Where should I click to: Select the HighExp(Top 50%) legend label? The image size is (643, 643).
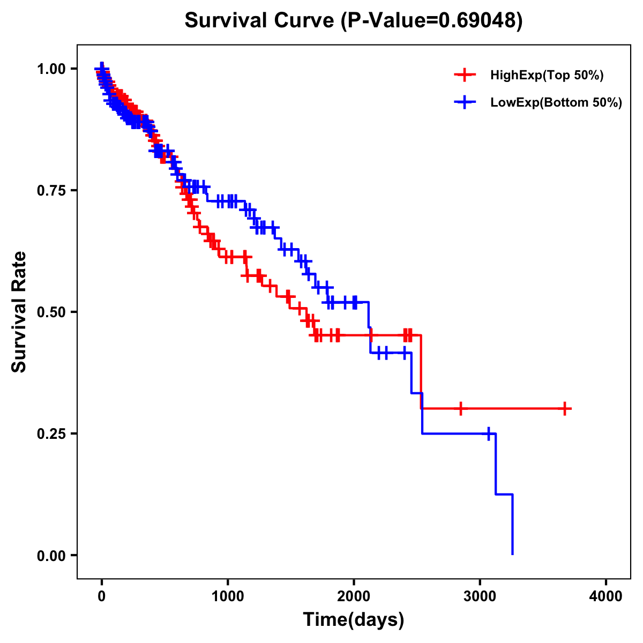pos(547,76)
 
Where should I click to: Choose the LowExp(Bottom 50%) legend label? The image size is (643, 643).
pos(556,103)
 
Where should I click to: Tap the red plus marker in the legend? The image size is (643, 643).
pos(465,76)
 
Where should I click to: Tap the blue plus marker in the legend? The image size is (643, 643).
pos(465,102)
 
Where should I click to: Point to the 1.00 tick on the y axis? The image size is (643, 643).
pos(52,69)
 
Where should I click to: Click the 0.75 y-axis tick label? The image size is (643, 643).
pos(52,191)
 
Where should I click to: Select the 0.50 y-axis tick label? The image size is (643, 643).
pos(52,312)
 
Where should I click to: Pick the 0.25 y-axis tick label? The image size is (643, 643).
pos(52,433)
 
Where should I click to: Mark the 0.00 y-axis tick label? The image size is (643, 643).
pos(52,556)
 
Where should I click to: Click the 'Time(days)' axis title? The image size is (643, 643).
pos(354,620)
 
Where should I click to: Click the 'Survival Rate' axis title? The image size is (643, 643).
pos(19,312)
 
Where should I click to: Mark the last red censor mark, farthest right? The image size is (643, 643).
pos(565,408)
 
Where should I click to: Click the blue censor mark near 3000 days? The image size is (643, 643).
pos(489,433)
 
